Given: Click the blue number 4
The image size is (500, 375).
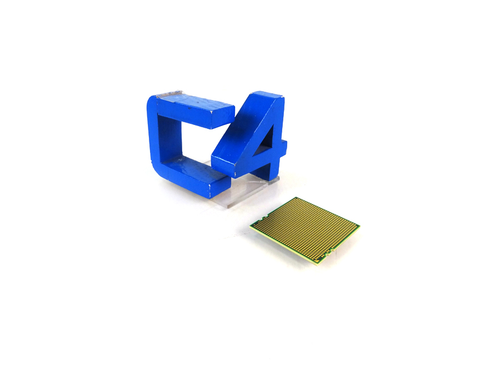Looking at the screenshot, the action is (x=252, y=141).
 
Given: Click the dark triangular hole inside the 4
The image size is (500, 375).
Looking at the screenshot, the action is (x=266, y=138).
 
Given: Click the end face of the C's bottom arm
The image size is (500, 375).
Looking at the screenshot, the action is (x=219, y=187).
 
